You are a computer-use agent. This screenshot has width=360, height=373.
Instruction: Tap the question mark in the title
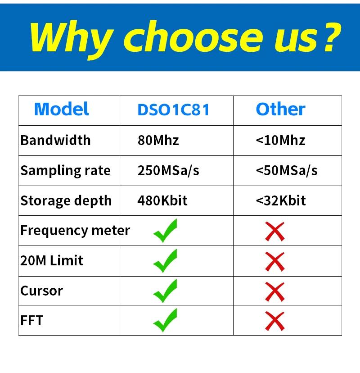[x=333, y=37]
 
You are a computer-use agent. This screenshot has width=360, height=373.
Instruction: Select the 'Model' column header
[x=62, y=109]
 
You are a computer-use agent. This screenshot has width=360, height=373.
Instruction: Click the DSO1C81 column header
[x=173, y=110]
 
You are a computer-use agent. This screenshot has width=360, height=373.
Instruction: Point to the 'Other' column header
[x=281, y=109]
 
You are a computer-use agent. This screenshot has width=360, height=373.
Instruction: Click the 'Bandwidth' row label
[x=56, y=140]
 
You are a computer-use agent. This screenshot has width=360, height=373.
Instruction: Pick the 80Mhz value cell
[x=158, y=140]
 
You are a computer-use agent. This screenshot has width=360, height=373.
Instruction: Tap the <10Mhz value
[x=281, y=140]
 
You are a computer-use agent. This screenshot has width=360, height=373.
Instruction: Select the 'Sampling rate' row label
[x=66, y=171]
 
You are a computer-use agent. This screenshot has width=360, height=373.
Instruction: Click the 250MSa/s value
[x=168, y=171]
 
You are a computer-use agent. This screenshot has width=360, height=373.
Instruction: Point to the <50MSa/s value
[x=287, y=171]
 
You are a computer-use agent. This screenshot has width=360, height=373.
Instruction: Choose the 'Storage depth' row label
[x=66, y=201]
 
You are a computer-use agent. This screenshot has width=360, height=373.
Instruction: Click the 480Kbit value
[x=162, y=200]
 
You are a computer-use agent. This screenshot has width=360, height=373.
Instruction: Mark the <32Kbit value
[x=281, y=200]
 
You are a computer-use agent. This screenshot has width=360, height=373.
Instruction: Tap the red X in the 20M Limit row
[x=275, y=262]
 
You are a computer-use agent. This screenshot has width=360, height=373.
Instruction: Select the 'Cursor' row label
[x=42, y=291]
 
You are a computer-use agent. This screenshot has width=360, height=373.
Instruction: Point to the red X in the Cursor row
[x=275, y=292]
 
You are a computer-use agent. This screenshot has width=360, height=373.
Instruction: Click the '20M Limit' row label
[x=52, y=260]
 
